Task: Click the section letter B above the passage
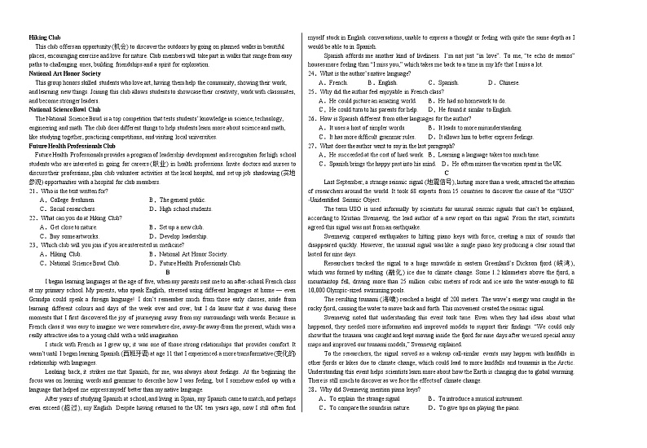pos(165,272)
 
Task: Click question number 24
pos(312,73)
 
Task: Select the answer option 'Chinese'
pos(508,82)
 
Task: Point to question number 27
pos(312,145)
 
